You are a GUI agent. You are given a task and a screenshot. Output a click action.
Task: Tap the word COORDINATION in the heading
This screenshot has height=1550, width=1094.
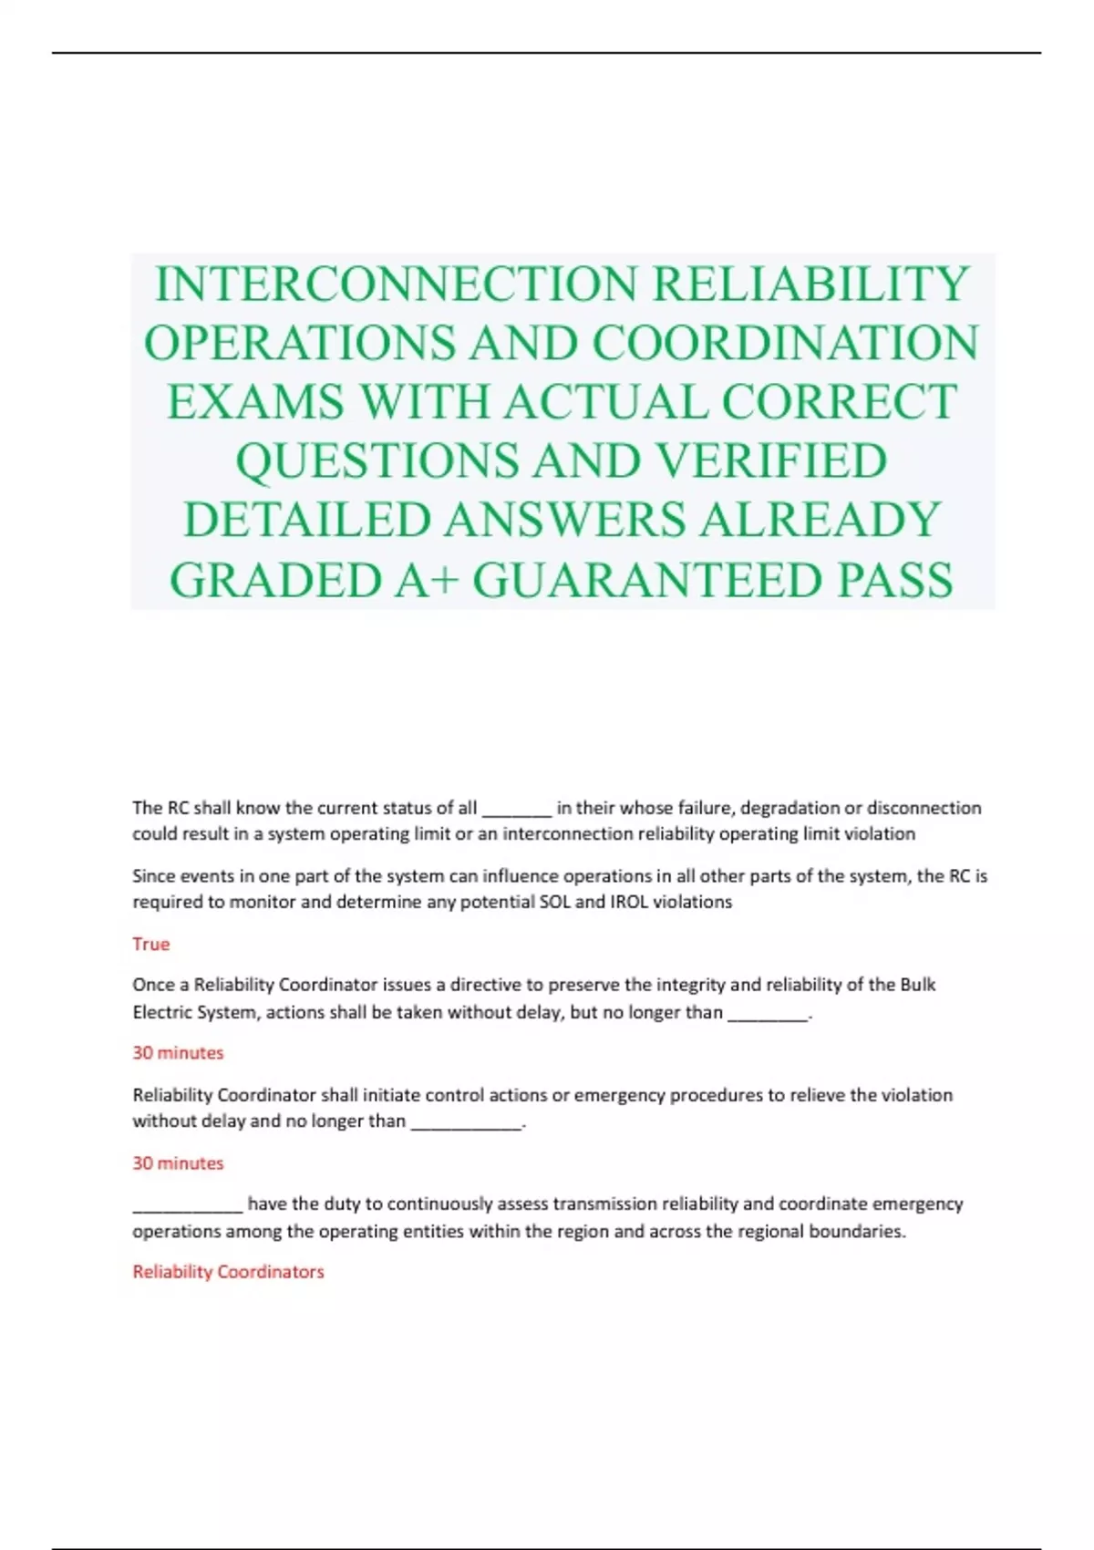(x=786, y=343)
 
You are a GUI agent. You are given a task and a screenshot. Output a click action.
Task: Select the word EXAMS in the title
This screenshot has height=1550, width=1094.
(x=255, y=402)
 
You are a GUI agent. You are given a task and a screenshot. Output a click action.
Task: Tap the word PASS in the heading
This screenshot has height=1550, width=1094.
(x=895, y=580)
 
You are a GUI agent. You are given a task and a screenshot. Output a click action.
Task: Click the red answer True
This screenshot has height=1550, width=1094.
(x=151, y=944)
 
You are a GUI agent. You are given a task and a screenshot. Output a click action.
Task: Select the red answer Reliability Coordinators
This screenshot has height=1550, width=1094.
(x=228, y=1271)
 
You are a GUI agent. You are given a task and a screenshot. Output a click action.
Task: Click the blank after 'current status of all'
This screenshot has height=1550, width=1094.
(x=516, y=810)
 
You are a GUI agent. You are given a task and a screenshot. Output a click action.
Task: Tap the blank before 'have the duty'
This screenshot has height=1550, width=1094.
(x=188, y=1206)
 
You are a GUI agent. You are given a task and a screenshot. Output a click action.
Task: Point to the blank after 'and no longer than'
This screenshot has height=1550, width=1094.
(x=466, y=1123)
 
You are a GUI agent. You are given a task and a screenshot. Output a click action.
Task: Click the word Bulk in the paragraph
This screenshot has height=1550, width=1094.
(x=918, y=985)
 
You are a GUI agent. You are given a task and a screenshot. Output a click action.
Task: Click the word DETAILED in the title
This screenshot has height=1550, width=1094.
(x=307, y=520)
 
